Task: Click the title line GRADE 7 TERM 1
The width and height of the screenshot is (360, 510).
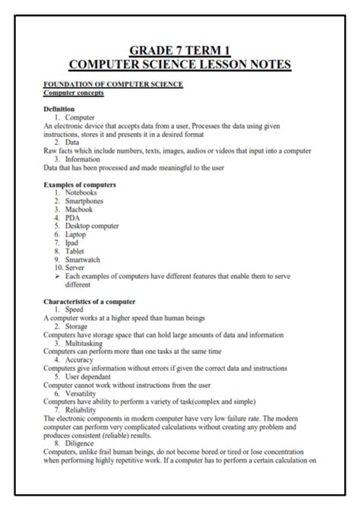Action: pos(179,50)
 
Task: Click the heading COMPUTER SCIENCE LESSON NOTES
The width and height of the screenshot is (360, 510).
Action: pos(179,65)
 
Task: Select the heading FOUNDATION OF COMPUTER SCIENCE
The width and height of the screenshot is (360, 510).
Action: pos(113,84)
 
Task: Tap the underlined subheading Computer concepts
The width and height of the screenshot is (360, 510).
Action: pos(74,92)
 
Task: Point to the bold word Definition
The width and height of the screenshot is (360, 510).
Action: pos(59,109)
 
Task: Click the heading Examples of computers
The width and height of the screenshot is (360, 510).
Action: pos(80,185)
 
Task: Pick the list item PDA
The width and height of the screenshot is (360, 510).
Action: pos(73,217)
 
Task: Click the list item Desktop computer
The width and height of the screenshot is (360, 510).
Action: pos(92,226)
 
